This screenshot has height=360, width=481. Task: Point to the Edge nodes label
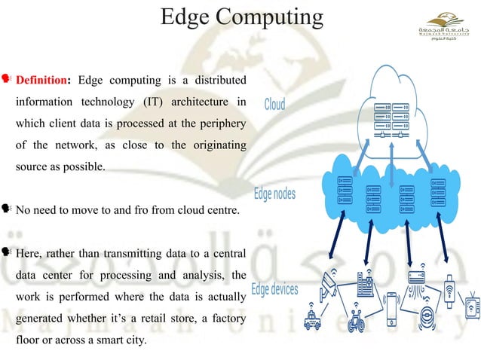click(274, 194)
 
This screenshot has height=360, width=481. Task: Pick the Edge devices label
click(274, 288)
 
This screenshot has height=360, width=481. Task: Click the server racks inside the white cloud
click(392, 121)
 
